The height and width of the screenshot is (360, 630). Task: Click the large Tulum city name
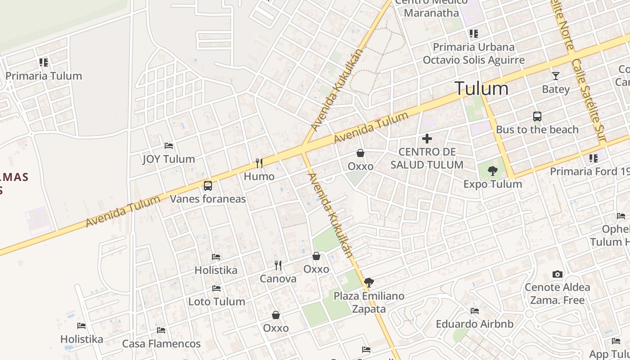click(481, 88)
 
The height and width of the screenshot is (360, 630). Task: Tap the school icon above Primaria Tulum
click(43, 62)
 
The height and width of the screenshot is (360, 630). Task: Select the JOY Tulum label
click(169, 159)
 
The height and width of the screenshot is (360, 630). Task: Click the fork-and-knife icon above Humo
click(259, 163)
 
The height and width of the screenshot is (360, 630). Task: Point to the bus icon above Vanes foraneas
click(207, 185)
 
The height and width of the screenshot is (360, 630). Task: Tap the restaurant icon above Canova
click(278, 265)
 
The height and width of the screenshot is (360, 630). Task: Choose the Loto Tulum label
click(216, 301)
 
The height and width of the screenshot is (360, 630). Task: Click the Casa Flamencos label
click(162, 344)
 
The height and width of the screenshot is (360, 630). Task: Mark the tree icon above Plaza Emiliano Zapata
click(369, 283)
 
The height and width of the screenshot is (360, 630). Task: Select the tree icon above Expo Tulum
click(493, 171)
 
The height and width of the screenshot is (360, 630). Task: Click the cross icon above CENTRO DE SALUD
click(427, 139)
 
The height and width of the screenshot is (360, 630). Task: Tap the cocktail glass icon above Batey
click(556, 76)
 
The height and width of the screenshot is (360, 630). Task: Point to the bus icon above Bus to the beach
click(537, 116)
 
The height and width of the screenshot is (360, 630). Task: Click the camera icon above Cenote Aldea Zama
click(557, 274)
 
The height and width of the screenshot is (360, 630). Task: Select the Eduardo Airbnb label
click(474, 324)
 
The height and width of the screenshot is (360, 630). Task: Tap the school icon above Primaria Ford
click(593, 158)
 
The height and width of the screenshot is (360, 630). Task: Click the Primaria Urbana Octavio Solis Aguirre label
click(473, 54)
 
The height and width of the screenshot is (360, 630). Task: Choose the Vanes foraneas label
click(207, 199)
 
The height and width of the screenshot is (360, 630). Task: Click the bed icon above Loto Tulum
click(216, 288)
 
